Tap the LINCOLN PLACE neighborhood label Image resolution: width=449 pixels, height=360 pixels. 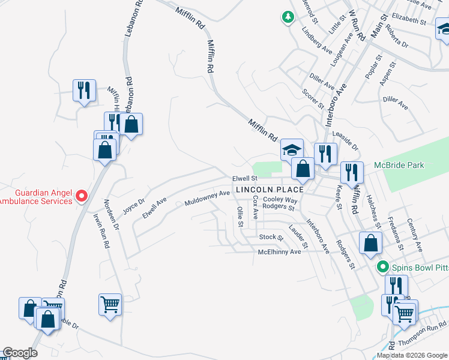(270, 190)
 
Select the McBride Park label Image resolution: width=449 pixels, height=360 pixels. (399, 165)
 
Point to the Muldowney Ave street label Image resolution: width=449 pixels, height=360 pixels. (208, 195)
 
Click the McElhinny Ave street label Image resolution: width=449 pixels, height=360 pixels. (279, 252)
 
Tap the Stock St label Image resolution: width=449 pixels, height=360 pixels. (271, 237)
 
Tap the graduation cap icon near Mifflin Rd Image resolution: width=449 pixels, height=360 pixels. (292, 150)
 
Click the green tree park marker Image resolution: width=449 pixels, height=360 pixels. (289, 17)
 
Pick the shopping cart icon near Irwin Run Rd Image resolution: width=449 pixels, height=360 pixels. (110, 304)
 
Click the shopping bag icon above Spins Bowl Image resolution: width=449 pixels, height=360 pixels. (370, 242)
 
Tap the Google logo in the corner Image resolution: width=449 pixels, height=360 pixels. (20, 353)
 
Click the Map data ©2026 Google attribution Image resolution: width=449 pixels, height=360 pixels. (412, 355)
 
